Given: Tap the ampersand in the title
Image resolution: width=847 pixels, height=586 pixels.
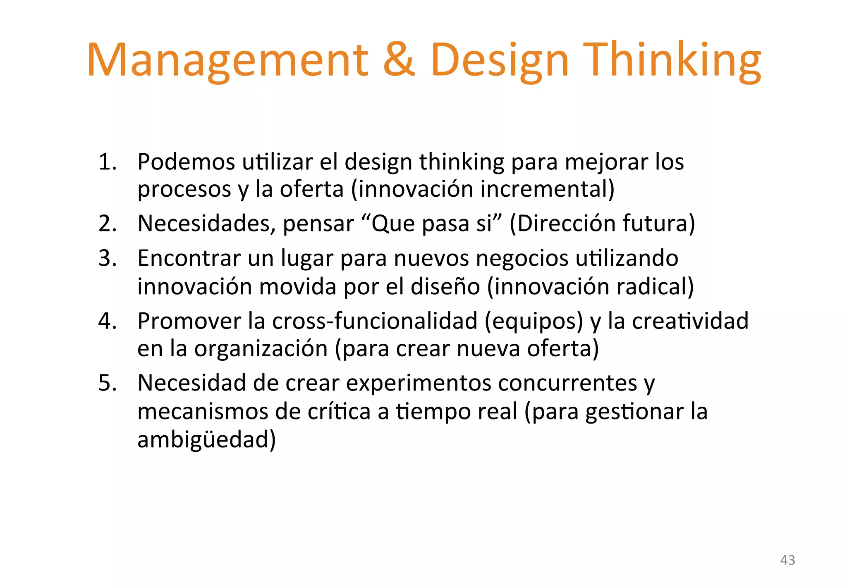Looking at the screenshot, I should pyautogui.click(x=399, y=60).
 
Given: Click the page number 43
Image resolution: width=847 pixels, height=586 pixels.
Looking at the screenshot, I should pyautogui.click(x=787, y=560).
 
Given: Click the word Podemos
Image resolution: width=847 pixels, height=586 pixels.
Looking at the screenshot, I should pyautogui.click(x=186, y=162).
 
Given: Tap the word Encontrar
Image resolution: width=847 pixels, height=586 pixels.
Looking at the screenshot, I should pyautogui.click(x=189, y=258).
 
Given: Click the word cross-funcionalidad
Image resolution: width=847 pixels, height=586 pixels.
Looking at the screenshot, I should pyautogui.click(x=375, y=321).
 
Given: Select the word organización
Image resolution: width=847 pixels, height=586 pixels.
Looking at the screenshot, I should pyautogui.click(x=261, y=349).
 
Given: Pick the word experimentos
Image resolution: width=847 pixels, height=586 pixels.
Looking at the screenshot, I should pyautogui.click(x=419, y=383).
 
